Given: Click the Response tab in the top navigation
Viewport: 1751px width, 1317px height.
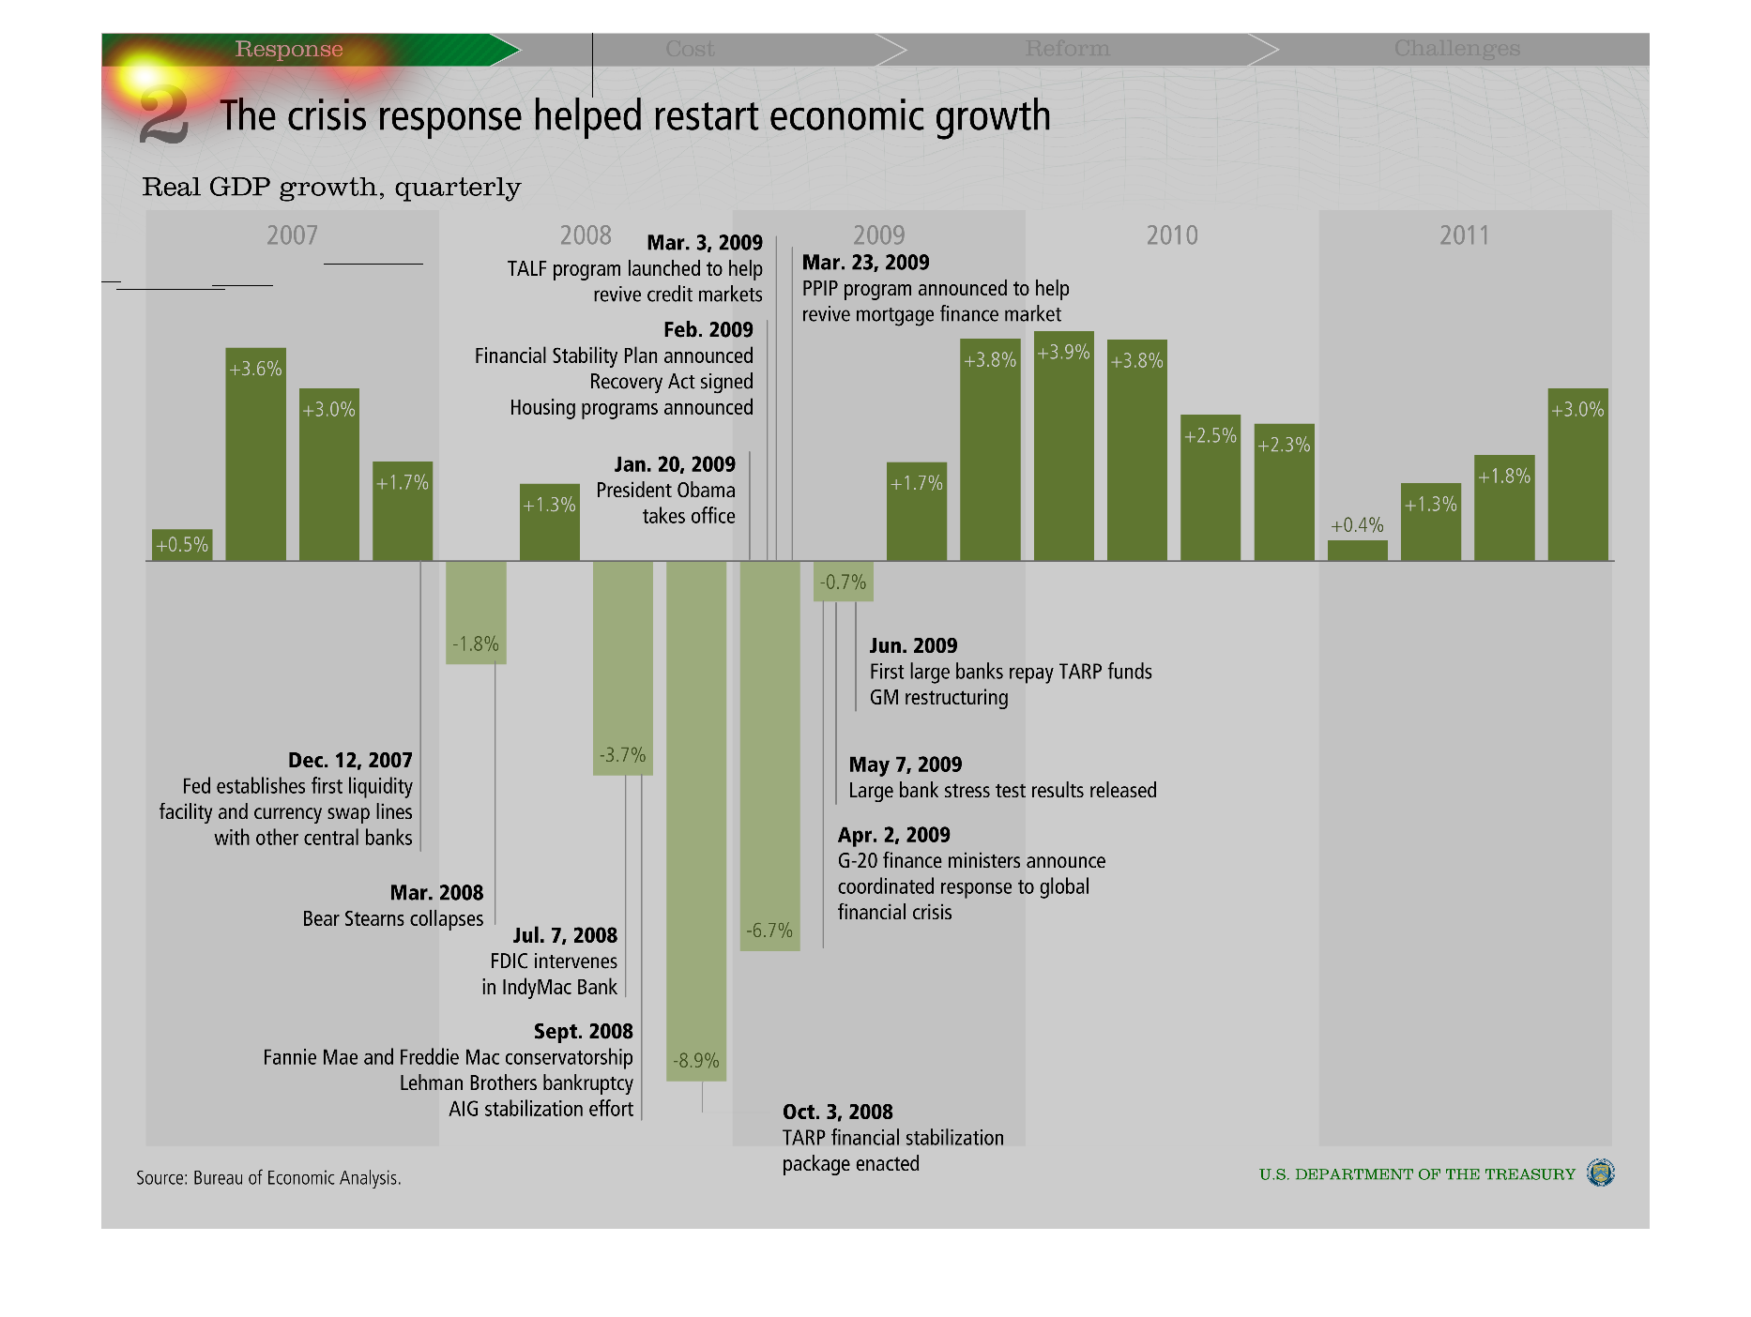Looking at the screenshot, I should (x=289, y=49).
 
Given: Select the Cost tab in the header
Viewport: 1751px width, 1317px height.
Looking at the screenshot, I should (x=690, y=49).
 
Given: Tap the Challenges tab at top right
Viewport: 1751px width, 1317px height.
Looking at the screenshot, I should (x=1456, y=49).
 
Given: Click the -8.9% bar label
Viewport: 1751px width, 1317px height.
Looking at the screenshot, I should (x=696, y=1061).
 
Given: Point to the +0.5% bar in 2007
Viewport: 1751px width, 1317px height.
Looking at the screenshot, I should (x=182, y=545).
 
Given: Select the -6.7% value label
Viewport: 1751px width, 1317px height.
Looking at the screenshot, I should (x=769, y=931).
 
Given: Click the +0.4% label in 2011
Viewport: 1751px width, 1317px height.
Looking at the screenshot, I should (x=1357, y=525).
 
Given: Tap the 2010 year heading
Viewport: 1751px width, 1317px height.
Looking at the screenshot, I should (x=1172, y=235).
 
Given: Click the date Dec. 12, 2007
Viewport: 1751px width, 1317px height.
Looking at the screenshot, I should (x=350, y=760).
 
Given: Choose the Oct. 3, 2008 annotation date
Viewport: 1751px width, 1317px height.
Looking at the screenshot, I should (x=837, y=1112).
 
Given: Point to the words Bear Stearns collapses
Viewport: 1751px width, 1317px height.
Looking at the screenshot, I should (x=392, y=918).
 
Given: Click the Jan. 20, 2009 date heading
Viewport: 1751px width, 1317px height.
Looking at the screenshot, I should (x=675, y=464).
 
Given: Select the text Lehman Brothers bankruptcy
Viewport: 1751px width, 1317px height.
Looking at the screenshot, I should (x=516, y=1082).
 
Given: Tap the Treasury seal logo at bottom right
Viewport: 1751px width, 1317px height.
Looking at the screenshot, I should (x=1600, y=1173).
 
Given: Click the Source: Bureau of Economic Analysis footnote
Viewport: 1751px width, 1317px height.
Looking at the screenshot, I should (x=268, y=1178).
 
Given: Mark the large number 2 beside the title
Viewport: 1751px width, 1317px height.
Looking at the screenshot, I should (x=163, y=115).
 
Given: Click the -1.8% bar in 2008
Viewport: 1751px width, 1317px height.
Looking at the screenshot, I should (x=476, y=612).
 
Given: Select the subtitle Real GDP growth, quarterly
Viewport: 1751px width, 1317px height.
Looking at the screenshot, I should (x=331, y=187).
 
